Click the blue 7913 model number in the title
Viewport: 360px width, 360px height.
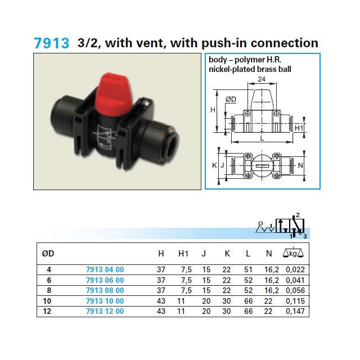(x=51, y=43)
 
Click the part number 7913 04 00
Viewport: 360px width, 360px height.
(x=105, y=269)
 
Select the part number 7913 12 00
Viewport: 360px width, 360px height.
(x=105, y=311)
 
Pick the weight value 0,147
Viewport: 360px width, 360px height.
(x=295, y=311)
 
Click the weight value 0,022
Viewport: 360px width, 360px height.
(x=295, y=269)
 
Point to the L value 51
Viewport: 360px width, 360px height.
(x=248, y=269)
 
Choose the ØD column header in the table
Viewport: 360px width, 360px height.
(x=48, y=254)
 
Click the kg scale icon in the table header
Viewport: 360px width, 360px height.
(x=293, y=253)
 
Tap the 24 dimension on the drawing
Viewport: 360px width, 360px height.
(x=262, y=79)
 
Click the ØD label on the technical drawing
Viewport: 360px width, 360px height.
(x=231, y=99)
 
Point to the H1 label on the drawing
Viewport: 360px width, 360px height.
(x=299, y=128)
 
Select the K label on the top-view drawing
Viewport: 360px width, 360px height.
(x=214, y=165)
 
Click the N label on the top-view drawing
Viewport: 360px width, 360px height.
(x=300, y=165)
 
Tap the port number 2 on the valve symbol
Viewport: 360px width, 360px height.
(x=298, y=215)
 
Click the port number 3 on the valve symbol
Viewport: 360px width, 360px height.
(x=305, y=236)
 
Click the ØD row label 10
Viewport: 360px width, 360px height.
(x=47, y=301)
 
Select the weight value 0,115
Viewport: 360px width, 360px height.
(x=295, y=301)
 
